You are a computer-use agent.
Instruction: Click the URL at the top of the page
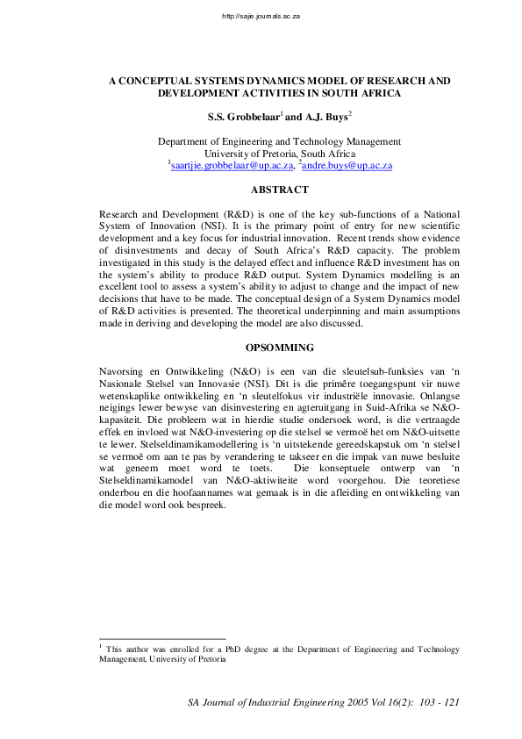[261, 16]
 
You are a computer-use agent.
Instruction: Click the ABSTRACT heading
[279, 190]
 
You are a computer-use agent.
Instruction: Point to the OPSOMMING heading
[279, 347]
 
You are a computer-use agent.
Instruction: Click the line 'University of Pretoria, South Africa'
[279, 153]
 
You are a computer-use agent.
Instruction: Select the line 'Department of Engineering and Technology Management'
[279, 141]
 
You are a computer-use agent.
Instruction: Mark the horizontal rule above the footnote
[162, 640]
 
